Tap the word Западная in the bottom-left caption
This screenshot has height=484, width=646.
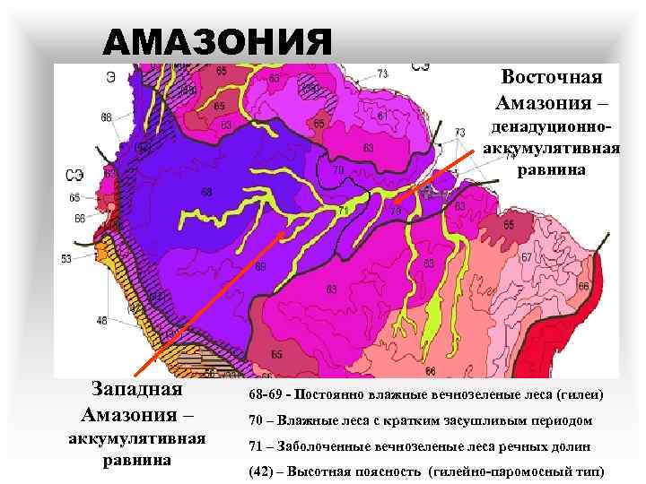137,390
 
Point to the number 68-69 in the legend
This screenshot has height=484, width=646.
267,395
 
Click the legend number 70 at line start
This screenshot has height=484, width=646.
258,420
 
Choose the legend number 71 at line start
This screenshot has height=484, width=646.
258,445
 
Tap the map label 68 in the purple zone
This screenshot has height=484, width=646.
207,191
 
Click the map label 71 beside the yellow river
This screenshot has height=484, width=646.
344,211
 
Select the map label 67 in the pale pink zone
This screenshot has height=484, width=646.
527,258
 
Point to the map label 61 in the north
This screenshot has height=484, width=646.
382,116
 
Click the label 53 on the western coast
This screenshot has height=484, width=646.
66,259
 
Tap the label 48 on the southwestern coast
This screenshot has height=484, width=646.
101,320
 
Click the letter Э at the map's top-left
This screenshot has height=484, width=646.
109,77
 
